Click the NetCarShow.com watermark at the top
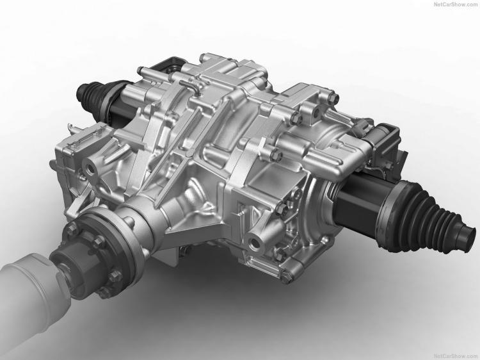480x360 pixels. [456, 4]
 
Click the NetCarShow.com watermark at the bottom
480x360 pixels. [456, 356]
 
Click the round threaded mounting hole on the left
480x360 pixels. [91, 168]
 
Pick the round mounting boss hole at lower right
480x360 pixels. [255, 242]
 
